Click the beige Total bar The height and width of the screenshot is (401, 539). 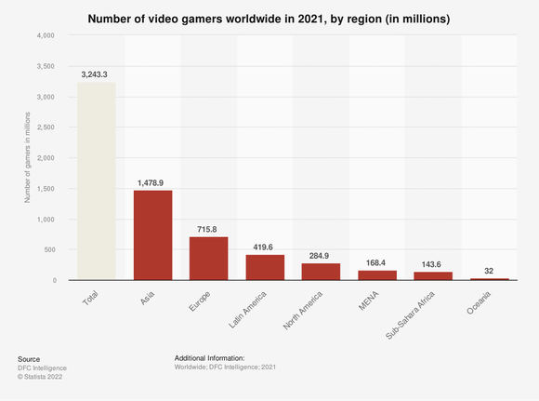click(97, 180)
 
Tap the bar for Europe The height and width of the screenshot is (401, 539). click(209, 258)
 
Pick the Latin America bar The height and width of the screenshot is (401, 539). click(265, 267)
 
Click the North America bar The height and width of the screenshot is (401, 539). click(321, 271)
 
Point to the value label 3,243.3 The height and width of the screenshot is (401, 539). click(97, 74)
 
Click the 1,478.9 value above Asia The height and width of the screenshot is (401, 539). click(152, 182)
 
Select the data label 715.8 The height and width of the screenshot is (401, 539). click(209, 229)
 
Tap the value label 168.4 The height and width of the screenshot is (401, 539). click(376, 262)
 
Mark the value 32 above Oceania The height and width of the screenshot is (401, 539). click(489, 271)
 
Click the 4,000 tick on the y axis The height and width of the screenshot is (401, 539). click(46, 35)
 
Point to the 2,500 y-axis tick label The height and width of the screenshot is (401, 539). click(46, 127)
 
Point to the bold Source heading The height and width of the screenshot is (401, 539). click(29, 358)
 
